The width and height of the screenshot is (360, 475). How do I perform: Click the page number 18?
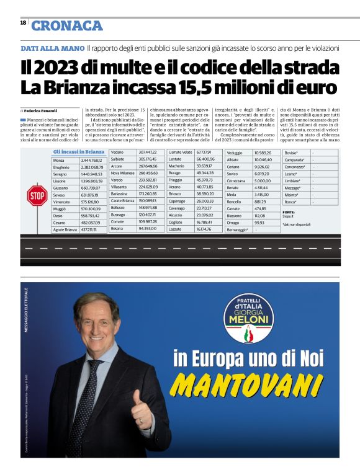(23, 23)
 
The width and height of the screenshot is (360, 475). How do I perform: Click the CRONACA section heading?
(67, 25)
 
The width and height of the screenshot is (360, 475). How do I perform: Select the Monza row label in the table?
(60, 161)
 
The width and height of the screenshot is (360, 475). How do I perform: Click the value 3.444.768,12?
(92, 161)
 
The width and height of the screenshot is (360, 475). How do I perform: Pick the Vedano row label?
(118, 152)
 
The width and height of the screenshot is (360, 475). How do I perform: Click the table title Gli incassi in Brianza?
(79, 152)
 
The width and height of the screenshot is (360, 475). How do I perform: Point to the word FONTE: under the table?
(289, 212)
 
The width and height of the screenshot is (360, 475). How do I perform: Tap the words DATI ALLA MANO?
(52, 48)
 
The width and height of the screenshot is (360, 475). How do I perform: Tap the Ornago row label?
(233, 222)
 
